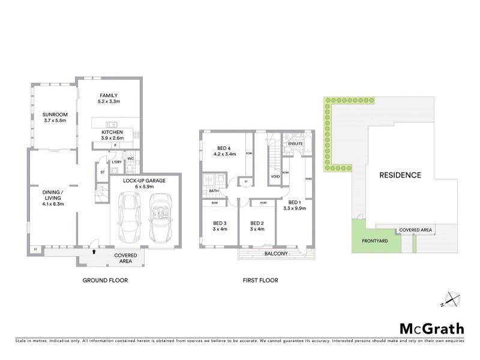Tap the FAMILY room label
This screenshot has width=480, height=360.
pyautogui.click(x=109, y=95)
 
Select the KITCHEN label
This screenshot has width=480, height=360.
pyautogui.click(x=112, y=131)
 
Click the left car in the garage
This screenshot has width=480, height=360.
pyautogui.click(x=130, y=218)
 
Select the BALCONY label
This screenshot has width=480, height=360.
pyautogui.click(x=277, y=253)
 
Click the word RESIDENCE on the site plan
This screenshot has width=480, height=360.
pyautogui.click(x=400, y=176)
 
